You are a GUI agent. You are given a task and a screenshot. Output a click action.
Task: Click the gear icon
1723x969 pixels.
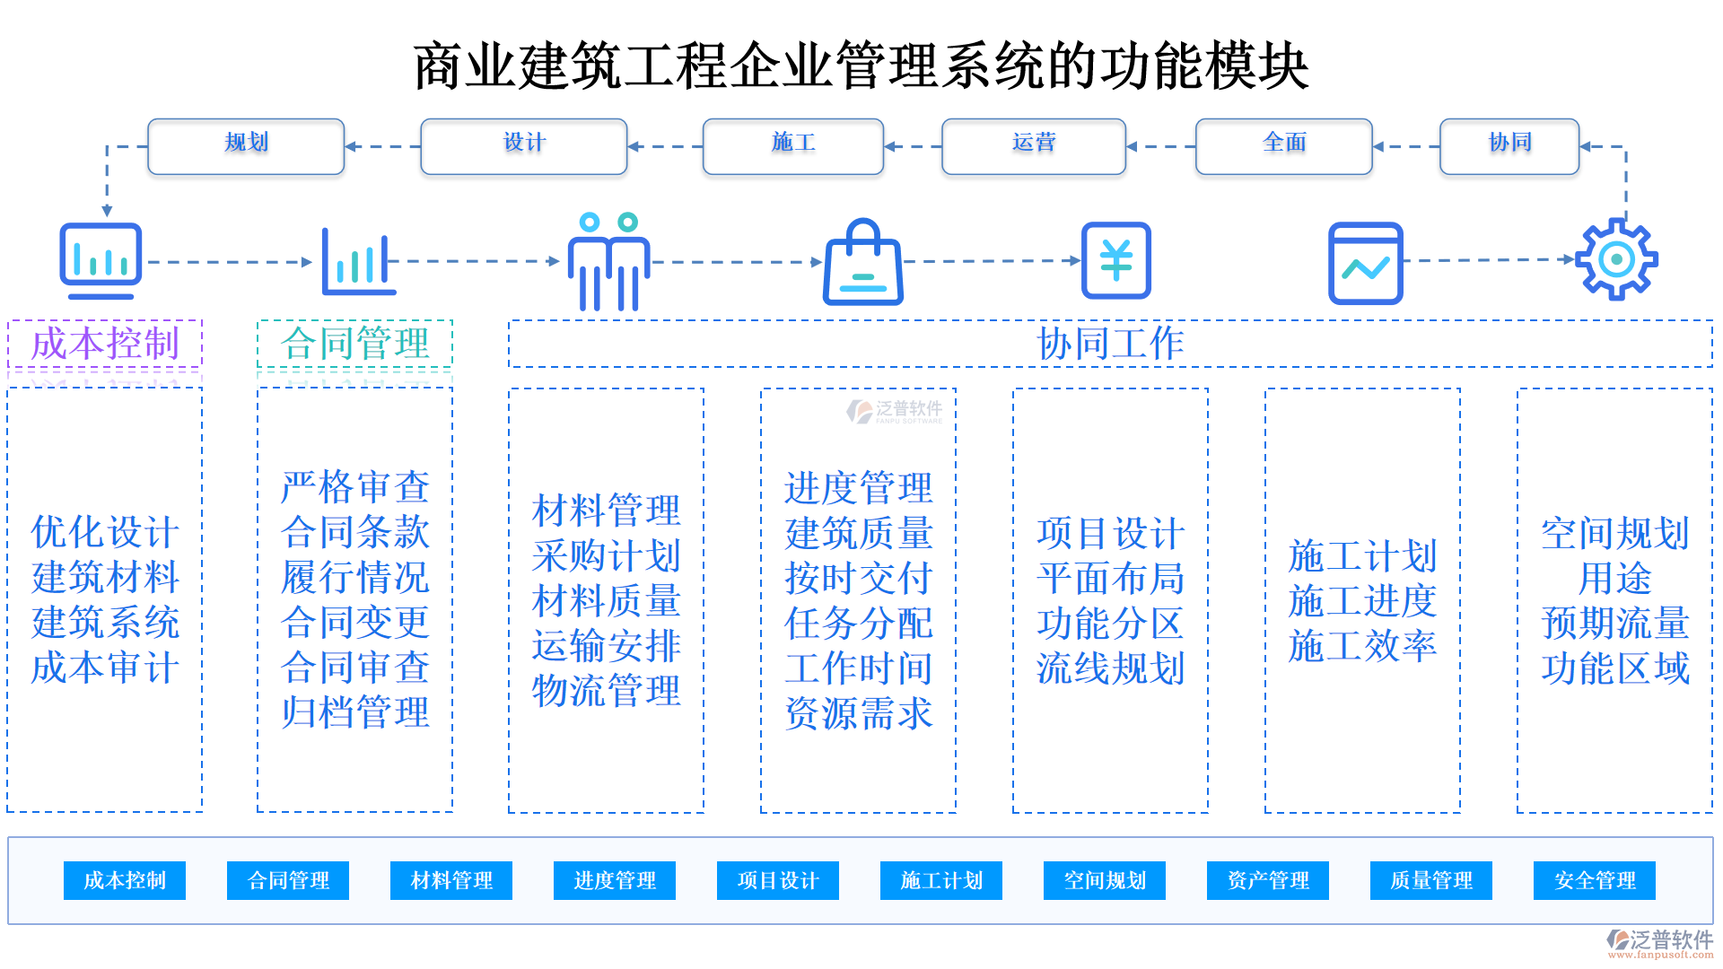click(1616, 259)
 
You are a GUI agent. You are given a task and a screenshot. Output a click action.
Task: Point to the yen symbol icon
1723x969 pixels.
click(1115, 260)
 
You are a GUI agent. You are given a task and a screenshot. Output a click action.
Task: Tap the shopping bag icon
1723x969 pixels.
click(863, 263)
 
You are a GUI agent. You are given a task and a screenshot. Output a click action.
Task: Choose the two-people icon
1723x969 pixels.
click(608, 262)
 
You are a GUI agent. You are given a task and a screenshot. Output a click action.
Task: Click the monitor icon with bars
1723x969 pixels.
click(101, 260)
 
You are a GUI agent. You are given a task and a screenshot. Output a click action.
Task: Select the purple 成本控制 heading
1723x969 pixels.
click(105, 344)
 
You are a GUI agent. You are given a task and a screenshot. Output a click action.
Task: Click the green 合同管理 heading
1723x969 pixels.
click(354, 344)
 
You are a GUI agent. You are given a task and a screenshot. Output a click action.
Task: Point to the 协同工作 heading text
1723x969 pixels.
click(1110, 344)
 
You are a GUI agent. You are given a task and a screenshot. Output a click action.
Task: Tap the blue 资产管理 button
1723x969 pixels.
click(1268, 880)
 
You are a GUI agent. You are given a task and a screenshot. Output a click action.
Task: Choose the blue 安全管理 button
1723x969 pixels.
click(1595, 880)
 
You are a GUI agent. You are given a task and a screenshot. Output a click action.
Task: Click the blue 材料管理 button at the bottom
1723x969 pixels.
click(451, 880)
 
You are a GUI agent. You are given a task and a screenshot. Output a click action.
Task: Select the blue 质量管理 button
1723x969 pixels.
click(1431, 880)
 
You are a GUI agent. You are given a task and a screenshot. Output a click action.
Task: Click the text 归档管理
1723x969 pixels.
click(355, 712)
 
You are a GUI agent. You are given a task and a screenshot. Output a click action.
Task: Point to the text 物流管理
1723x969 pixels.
click(607, 691)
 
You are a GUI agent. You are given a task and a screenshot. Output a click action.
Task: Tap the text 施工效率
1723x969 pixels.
click(1362, 646)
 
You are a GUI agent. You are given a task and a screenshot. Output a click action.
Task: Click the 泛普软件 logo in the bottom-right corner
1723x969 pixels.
click(1660, 942)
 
